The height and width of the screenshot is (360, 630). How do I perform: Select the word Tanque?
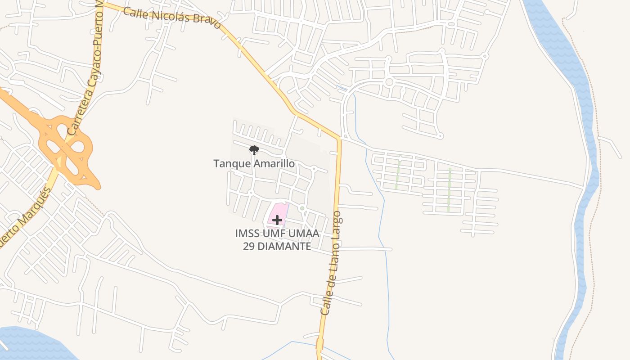pyautogui.click(x=232, y=163)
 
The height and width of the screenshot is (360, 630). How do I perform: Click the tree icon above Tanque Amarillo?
pyautogui.click(x=254, y=150)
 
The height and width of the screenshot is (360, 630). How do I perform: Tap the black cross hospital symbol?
pyautogui.click(x=277, y=220)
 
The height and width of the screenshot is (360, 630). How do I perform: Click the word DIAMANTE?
pyautogui.click(x=283, y=246)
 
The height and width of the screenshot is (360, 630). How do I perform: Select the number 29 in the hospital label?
pyautogui.click(x=250, y=246)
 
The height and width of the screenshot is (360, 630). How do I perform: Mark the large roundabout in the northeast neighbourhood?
pyautogui.click(x=389, y=82)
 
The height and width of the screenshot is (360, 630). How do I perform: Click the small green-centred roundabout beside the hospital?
pyautogui.click(x=302, y=208)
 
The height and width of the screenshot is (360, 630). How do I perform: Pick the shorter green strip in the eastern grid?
pyautogui.click(x=397, y=175)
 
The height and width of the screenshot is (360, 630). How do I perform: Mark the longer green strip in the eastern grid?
pyautogui.click(x=449, y=189)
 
